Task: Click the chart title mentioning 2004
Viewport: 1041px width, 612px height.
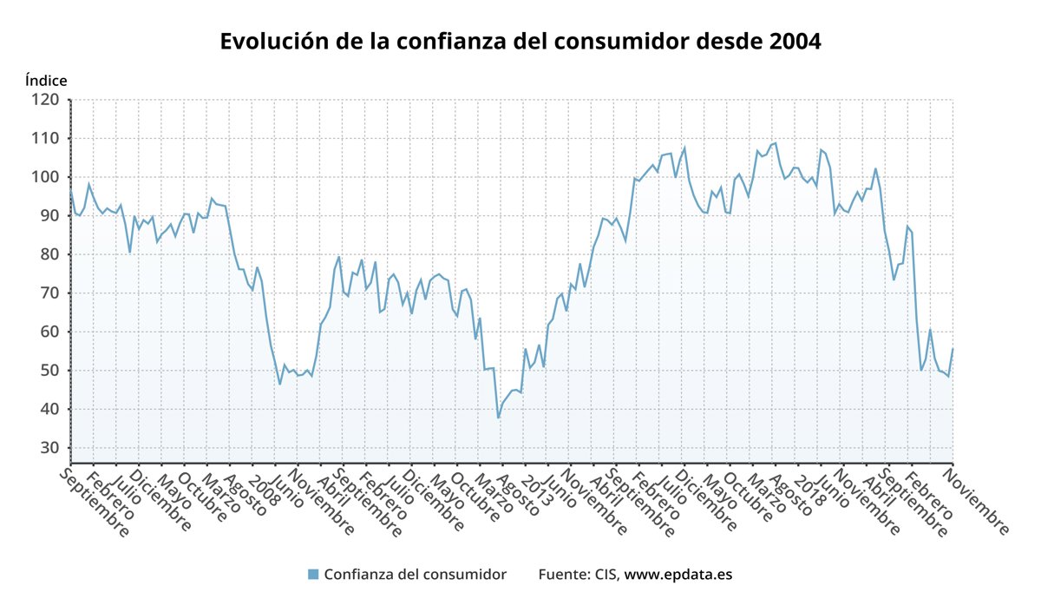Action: click(520, 42)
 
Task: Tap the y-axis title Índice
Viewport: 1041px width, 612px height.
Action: click(46, 80)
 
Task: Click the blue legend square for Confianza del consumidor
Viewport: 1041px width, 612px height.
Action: click(313, 574)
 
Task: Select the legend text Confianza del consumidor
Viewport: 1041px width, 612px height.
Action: click(415, 575)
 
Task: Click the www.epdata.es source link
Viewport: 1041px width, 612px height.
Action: click(678, 575)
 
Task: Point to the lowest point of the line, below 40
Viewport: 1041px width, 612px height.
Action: click(499, 418)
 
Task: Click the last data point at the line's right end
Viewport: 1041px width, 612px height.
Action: click(953, 349)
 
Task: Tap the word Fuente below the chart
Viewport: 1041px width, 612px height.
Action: click(561, 575)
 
